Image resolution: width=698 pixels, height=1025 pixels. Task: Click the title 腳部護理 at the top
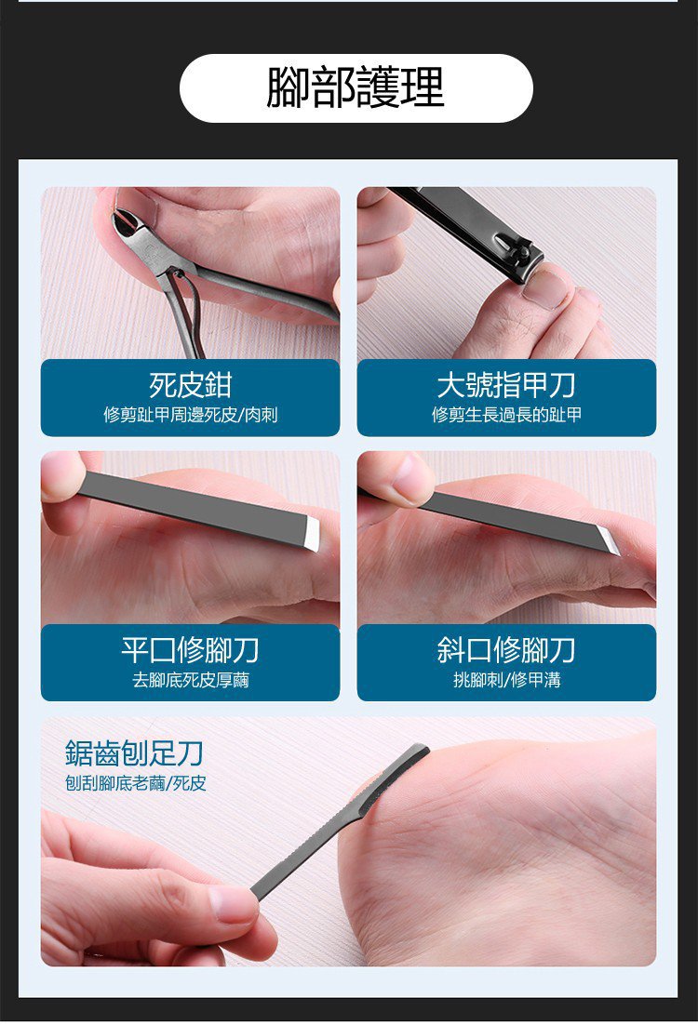click(x=356, y=87)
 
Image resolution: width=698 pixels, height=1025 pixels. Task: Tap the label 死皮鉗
click(x=190, y=385)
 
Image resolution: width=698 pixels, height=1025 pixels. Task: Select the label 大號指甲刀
click(x=506, y=385)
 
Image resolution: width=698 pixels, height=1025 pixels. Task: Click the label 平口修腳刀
click(x=190, y=650)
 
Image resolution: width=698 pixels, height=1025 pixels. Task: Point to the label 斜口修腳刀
click(x=506, y=650)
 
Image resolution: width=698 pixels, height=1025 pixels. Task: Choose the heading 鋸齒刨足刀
click(x=134, y=753)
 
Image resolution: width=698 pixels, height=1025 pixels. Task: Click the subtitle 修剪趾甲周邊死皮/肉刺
click(x=191, y=415)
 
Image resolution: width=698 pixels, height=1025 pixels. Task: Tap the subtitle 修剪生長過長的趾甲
click(x=506, y=415)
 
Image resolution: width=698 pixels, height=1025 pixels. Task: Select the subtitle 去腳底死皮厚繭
click(x=191, y=681)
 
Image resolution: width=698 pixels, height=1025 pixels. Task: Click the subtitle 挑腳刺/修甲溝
click(x=506, y=681)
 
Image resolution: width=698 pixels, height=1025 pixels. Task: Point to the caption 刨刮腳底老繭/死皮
click(x=136, y=783)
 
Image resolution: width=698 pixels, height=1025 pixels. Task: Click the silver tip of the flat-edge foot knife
click(x=311, y=533)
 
